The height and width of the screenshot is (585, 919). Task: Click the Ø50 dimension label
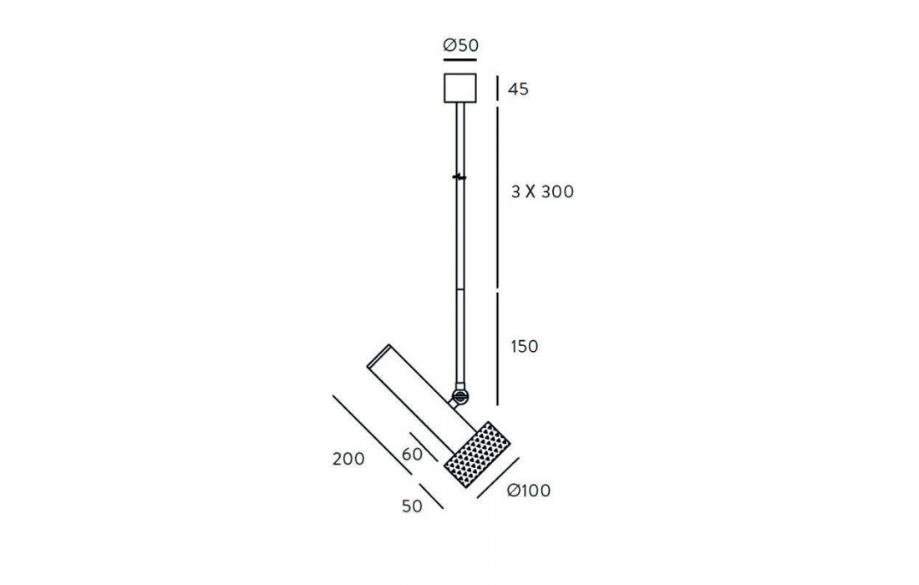460,45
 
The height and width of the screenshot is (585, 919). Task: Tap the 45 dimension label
518,89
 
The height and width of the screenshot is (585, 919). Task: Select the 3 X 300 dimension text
542,191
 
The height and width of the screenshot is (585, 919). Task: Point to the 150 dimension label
525,347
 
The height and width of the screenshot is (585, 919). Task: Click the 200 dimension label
348,458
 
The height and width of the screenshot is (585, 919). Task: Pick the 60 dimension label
413,455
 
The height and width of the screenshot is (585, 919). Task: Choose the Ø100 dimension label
529,490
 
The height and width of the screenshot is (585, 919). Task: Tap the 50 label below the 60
412,506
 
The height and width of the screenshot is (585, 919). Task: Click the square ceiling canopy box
460,88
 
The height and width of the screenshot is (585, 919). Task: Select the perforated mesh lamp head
477,455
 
